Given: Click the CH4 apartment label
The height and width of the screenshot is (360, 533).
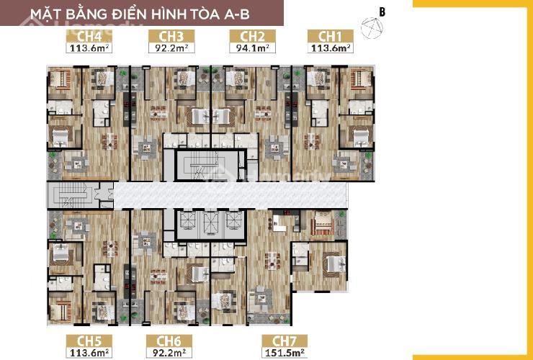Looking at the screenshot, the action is tap(89, 37).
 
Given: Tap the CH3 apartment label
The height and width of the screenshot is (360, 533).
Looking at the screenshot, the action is tap(171, 37).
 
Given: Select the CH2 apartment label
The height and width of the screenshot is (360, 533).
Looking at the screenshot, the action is tap(252, 37).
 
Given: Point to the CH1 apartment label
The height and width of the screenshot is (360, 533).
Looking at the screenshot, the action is tap(330, 37).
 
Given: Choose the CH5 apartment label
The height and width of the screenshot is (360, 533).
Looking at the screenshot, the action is tap(89, 341).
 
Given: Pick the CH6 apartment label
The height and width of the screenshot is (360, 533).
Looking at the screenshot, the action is tap(169, 341).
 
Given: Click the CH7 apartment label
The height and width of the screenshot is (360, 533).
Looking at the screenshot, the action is tap(285, 341).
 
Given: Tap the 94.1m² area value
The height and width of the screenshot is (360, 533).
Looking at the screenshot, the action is tap(253, 48).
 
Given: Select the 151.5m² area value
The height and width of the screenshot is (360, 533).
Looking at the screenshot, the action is tap(285, 353).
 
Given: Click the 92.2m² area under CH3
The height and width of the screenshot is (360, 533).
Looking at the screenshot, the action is tap(171, 48).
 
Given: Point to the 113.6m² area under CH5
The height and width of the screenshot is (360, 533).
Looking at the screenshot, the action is tap(89, 353).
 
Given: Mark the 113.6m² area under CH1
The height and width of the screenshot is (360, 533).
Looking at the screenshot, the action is tap(331, 48).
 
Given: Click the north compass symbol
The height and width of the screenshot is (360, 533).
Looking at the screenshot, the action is tap(372, 28).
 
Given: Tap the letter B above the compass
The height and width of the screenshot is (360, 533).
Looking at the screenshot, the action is tap(382, 12).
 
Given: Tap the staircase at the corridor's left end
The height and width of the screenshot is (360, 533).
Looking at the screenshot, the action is tap(73, 195).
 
